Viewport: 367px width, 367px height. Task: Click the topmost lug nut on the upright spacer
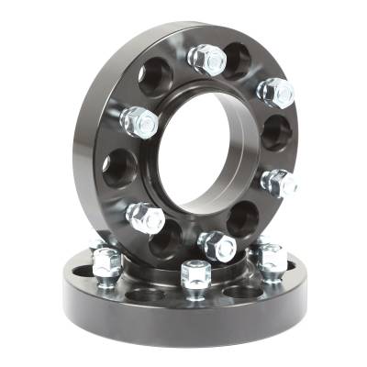point(206,59)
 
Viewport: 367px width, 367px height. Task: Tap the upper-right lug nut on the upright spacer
point(274,91)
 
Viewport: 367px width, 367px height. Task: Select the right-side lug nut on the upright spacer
point(279,181)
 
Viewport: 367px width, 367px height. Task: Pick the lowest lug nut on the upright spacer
point(217,245)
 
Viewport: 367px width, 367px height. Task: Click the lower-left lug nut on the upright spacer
point(146,217)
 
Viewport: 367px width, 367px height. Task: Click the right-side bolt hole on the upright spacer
point(275,134)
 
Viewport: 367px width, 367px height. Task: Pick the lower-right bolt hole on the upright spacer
point(243,218)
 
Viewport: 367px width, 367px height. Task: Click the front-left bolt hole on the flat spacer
point(145,295)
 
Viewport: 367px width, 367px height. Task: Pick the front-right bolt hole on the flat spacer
point(240,292)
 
